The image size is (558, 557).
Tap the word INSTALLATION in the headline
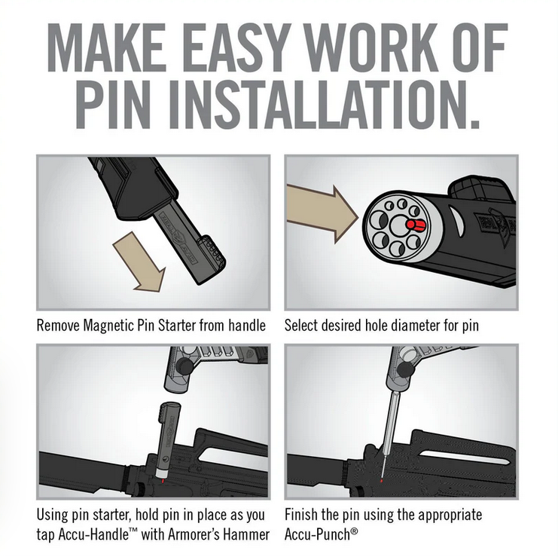[x=325, y=104]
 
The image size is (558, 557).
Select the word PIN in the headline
[x=116, y=104]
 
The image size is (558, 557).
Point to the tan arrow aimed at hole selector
[x=322, y=214]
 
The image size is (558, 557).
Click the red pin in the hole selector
[x=416, y=225]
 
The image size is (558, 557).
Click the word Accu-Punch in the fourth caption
[x=318, y=534]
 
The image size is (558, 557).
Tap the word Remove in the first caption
[x=58, y=326]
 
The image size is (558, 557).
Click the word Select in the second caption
[x=301, y=326]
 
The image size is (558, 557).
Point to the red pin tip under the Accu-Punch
[x=382, y=481]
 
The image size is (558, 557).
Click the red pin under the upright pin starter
[x=162, y=481]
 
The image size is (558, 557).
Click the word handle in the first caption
[x=247, y=326]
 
